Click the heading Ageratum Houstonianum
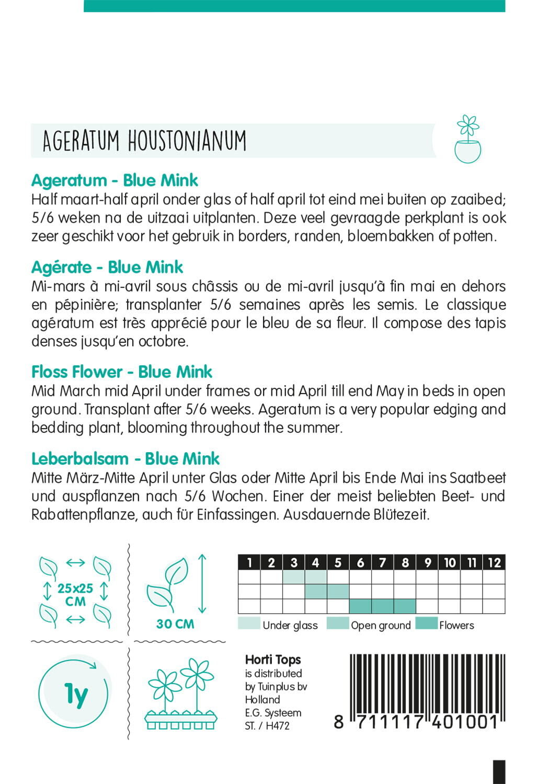click(144, 141)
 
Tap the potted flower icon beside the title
click(467, 139)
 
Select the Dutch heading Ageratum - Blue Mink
click(115, 180)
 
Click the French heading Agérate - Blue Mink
click(107, 267)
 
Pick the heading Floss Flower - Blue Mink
click(121, 372)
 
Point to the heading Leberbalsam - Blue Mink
click(125, 458)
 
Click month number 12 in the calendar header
click(494, 562)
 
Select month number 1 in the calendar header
click(249, 562)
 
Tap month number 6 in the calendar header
click(360, 562)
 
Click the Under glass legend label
click(290, 625)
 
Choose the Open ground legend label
click(381, 625)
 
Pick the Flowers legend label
click(456, 625)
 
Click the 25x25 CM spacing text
click(75, 595)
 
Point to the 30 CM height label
click(175, 624)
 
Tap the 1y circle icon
click(75, 694)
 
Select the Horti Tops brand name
click(273, 660)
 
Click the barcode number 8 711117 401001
click(416, 722)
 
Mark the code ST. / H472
click(267, 725)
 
